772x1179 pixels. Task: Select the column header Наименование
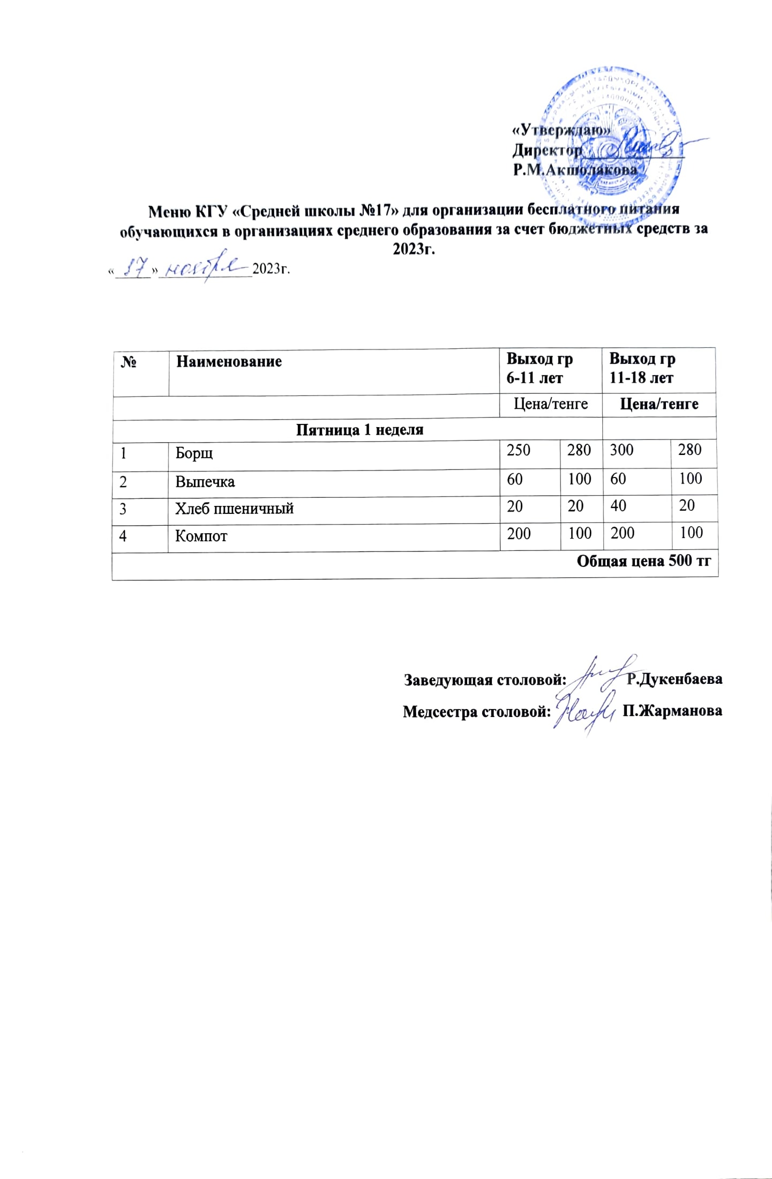[x=229, y=361]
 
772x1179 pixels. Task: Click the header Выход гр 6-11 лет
[x=539, y=368]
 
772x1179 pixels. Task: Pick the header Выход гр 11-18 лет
[x=642, y=368]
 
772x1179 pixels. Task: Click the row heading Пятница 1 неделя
[x=359, y=430]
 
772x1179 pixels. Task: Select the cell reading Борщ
[x=194, y=453]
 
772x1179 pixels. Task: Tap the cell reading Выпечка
[x=205, y=482]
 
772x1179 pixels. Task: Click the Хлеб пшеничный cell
[x=234, y=508]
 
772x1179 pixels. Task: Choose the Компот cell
[x=201, y=536]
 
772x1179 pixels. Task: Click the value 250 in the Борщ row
[x=519, y=450]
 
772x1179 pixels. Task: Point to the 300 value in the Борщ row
[x=621, y=450]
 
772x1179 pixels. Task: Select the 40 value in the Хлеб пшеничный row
[x=618, y=506]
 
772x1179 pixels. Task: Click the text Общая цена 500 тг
[x=643, y=561]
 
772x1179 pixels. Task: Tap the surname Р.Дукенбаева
[x=674, y=680]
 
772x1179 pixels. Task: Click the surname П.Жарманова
[x=672, y=711]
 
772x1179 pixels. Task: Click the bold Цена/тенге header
[x=659, y=404]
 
